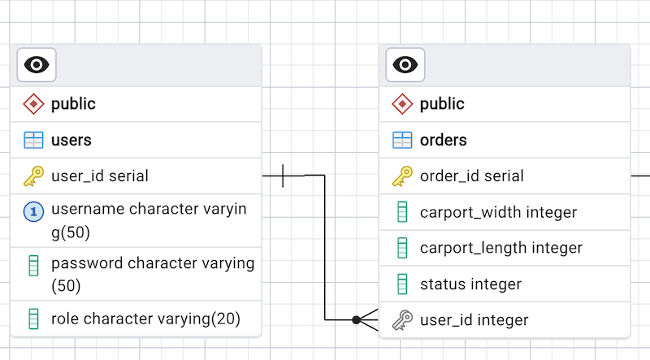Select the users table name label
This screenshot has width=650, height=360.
coord(71,140)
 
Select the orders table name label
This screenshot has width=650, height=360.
coord(443,140)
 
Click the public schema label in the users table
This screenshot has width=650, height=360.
coord(73,104)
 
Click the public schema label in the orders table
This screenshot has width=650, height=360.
coord(442,104)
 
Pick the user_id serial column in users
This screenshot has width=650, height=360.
coord(100,176)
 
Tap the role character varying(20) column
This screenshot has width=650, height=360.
coord(145,319)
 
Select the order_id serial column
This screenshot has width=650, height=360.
coord(471,176)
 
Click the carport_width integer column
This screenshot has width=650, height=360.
coord(498,212)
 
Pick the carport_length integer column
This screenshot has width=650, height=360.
coord(500,248)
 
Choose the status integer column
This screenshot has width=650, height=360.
coord(470,284)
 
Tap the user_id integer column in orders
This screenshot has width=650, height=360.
coord(474,320)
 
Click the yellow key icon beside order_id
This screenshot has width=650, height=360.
coord(402,176)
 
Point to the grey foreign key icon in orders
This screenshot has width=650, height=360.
coord(402,320)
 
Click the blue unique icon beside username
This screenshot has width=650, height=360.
coord(33,212)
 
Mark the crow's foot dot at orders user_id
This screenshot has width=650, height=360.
coord(357,320)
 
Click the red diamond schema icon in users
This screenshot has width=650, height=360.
coord(33,104)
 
